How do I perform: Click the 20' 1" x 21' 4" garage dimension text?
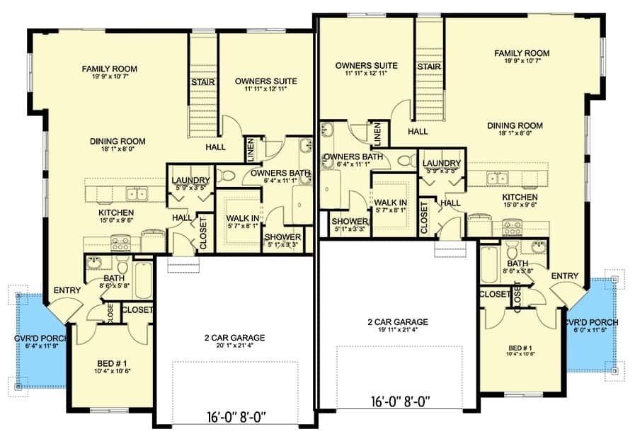(x=235, y=346)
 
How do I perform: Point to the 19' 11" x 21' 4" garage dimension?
(x=399, y=330)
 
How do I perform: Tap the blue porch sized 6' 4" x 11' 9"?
(x=40, y=340)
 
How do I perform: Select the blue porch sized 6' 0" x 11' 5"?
(x=591, y=324)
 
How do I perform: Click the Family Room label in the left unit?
(x=109, y=69)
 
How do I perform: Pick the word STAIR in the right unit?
(x=429, y=67)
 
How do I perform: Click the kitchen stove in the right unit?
(x=512, y=228)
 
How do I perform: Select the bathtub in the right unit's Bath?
(x=489, y=264)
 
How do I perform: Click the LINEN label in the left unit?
(x=251, y=150)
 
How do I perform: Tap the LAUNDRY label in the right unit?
(x=442, y=163)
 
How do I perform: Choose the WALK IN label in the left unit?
(x=243, y=218)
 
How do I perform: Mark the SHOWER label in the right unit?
(x=350, y=222)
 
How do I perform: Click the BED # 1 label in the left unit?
(x=112, y=363)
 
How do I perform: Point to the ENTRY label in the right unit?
(x=564, y=276)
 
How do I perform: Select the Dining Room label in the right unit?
(x=515, y=125)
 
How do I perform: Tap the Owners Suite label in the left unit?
(x=266, y=81)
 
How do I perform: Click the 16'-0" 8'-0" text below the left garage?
(x=235, y=416)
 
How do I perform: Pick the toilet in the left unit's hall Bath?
(x=122, y=266)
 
